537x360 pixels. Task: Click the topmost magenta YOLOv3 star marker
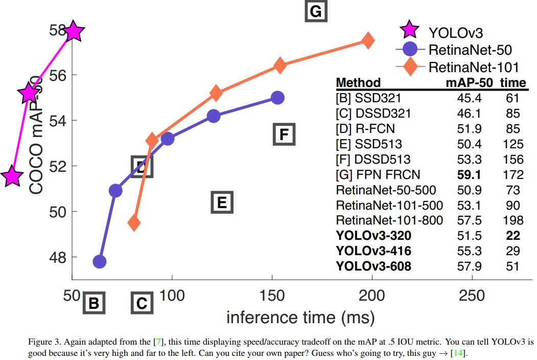click(x=74, y=31)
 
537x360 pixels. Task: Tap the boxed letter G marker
click(x=316, y=11)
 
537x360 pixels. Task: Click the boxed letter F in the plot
click(x=284, y=134)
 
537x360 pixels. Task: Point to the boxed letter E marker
click(x=222, y=202)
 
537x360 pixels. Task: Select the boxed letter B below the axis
click(x=94, y=303)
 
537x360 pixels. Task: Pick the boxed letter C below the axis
click(x=142, y=303)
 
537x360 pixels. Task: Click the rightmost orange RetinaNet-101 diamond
click(x=367, y=40)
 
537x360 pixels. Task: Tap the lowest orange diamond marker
click(x=134, y=222)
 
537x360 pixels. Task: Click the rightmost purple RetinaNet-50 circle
click(x=277, y=97)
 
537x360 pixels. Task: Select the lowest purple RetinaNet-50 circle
click(x=99, y=262)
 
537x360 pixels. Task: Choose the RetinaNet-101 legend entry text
click(x=474, y=67)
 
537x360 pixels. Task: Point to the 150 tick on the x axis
click(x=272, y=296)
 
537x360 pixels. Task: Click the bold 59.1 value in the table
click(x=469, y=175)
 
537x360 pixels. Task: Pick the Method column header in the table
click(x=358, y=83)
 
